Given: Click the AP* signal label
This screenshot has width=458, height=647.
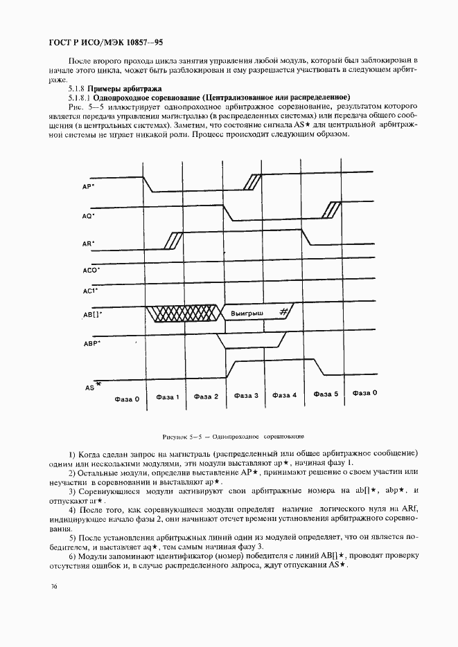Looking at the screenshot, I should (88, 187).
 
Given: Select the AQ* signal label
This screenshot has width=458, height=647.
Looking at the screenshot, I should (88, 216).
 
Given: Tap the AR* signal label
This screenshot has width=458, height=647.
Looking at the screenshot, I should (88, 244).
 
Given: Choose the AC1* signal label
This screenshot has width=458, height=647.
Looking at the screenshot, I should (90, 291).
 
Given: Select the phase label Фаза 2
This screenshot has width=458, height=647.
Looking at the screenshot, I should (206, 397).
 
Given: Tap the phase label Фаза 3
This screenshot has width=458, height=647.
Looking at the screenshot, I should (246, 396).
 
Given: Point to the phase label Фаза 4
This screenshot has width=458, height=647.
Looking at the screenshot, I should (284, 396).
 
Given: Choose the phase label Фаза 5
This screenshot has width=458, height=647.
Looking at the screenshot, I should (326, 394).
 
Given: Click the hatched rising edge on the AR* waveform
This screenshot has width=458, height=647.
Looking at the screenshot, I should (172, 241).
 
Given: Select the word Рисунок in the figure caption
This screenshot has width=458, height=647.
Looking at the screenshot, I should (175, 437).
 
